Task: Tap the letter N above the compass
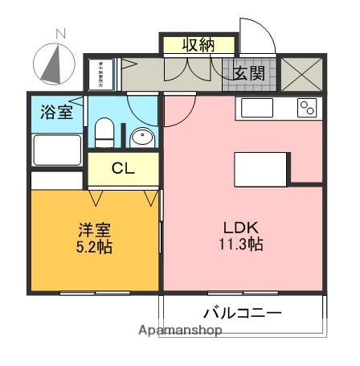[59, 33]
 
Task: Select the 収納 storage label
[198, 45]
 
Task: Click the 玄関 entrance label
[248, 72]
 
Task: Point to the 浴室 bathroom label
[57, 112]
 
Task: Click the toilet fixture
[104, 130]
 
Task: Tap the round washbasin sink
[141, 138]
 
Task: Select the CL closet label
[123, 168]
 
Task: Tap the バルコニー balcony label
[242, 312]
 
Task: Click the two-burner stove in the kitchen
[307, 109]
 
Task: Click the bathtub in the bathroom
[57, 150]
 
